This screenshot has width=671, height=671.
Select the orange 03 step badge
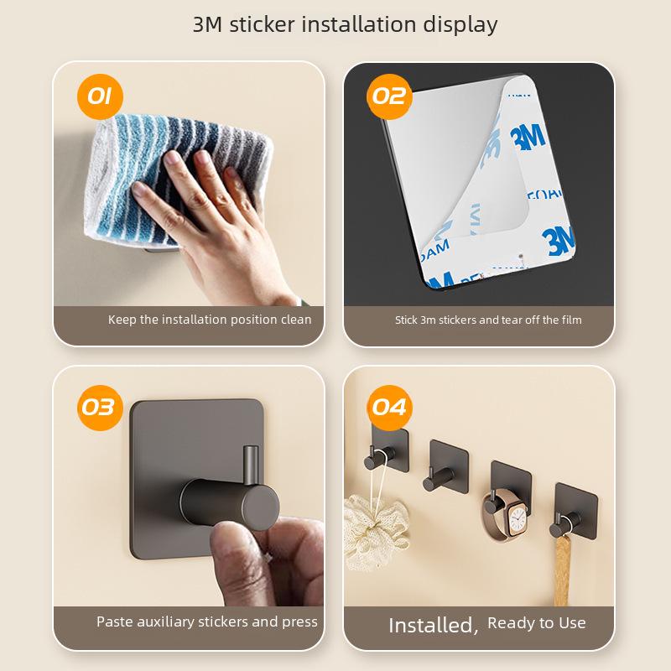97,407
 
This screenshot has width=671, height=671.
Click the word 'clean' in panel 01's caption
294,320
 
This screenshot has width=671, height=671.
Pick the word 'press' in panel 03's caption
299,622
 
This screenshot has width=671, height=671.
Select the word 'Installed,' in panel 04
433,625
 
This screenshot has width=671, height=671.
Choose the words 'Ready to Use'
537,622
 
